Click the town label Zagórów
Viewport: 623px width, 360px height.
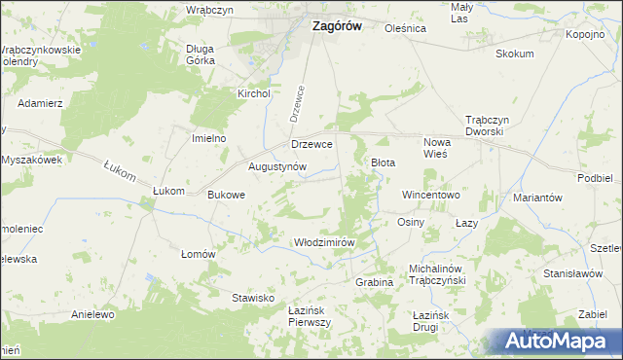tap(336, 27)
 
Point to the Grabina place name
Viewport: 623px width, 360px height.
tap(374, 282)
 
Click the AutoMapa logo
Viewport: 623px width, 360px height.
tap(561, 342)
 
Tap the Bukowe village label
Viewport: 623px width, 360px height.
tap(227, 195)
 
